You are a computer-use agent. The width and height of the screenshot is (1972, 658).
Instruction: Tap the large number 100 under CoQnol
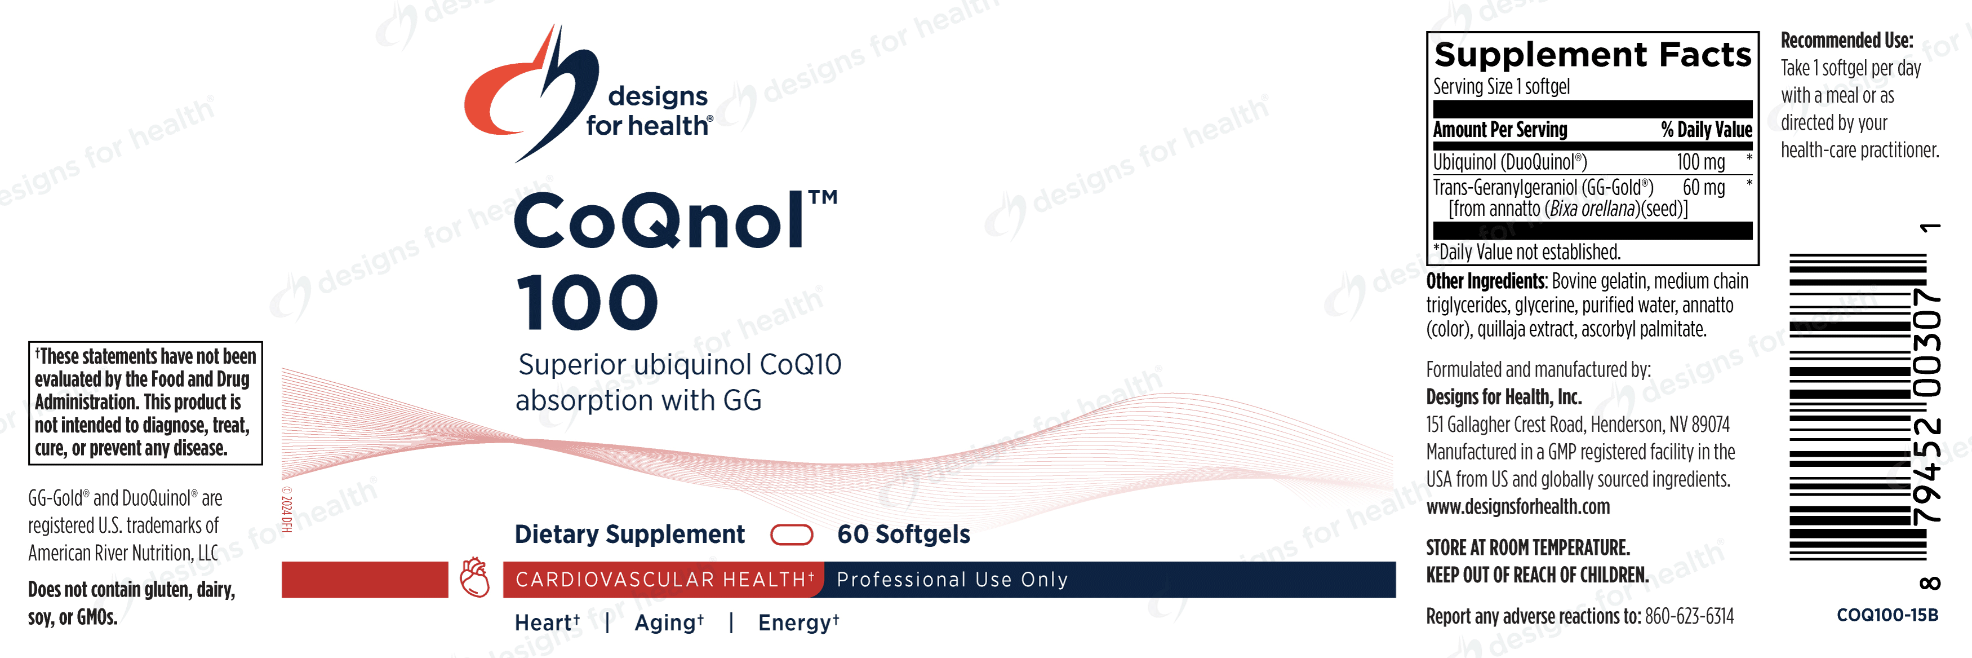pyautogui.click(x=587, y=303)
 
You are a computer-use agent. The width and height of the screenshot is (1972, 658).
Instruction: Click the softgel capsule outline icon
pyautogui.click(x=791, y=535)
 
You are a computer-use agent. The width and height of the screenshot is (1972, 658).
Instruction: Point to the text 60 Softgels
pyautogui.click(x=903, y=535)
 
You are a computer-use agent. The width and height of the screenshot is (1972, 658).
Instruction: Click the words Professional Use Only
pyautogui.click(x=952, y=580)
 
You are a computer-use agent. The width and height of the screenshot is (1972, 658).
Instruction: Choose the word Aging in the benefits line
pyautogui.click(x=664, y=623)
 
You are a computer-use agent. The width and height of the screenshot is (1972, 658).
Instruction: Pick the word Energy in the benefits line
pyautogui.click(x=794, y=623)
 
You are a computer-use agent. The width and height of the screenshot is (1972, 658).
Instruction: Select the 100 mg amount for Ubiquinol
pyautogui.click(x=1700, y=162)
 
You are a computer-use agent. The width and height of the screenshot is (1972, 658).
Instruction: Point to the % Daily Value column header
pyautogui.click(x=1705, y=130)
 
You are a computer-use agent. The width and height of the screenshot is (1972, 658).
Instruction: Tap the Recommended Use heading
pyautogui.click(x=1846, y=40)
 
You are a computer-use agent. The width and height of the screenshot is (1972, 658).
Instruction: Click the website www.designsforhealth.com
pyautogui.click(x=1517, y=507)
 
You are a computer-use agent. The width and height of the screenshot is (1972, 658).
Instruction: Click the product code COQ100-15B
pyautogui.click(x=1887, y=615)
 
